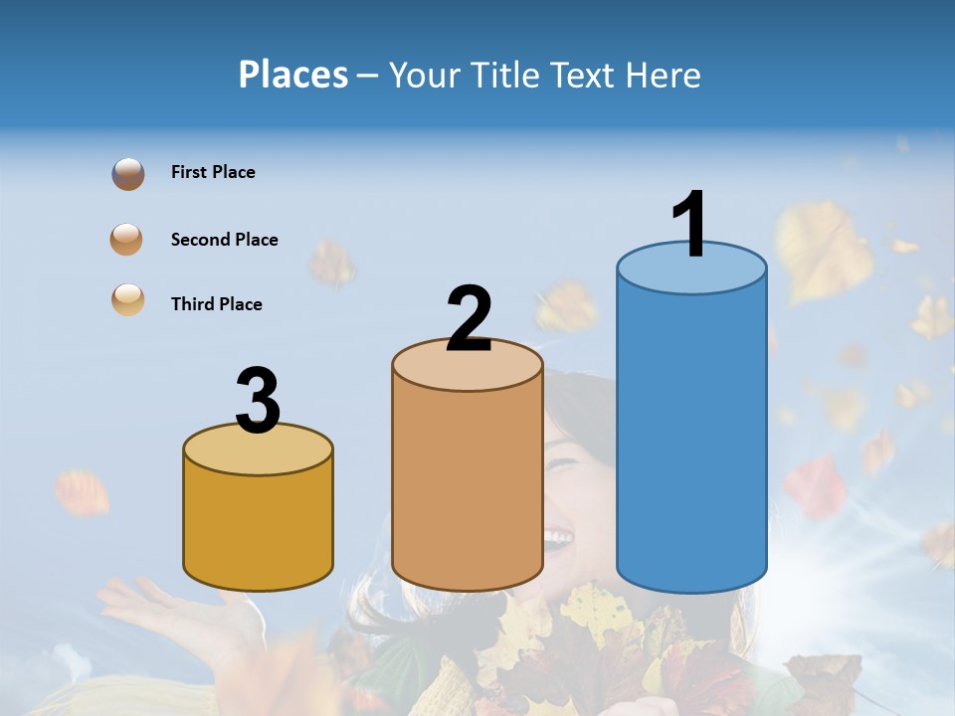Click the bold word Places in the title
(x=293, y=75)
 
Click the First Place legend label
(x=213, y=172)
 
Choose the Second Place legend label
(x=224, y=240)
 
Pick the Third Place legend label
(x=216, y=304)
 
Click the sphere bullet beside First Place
(x=128, y=174)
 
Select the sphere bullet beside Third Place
(x=128, y=300)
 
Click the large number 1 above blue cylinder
(x=689, y=224)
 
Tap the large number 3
(x=259, y=401)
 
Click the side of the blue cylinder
(x=691, y=428)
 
